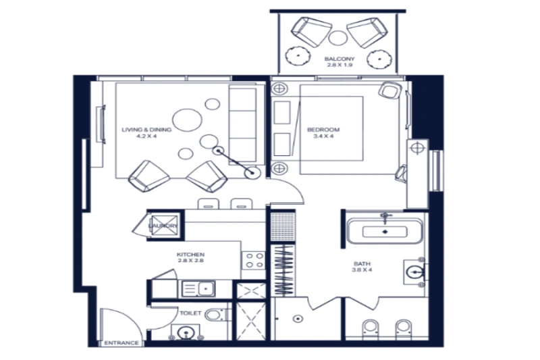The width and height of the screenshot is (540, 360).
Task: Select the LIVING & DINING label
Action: pos(146,129)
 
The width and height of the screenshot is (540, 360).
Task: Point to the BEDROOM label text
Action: pos(323,129)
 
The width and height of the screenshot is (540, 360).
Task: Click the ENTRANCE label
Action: pos(122,343)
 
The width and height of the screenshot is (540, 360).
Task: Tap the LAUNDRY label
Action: pos(163,226)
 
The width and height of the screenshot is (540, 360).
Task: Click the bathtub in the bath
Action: pos(384,231)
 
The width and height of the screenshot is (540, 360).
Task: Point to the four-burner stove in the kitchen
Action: pos(254,260)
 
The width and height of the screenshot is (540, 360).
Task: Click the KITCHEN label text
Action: pos(191,253)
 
